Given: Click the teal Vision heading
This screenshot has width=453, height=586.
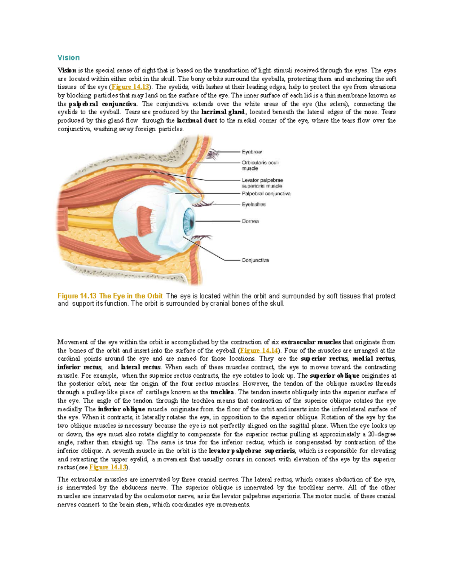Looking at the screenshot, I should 68,58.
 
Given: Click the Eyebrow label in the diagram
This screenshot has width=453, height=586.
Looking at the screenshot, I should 252,152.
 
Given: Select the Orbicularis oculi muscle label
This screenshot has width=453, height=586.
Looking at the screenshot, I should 260,165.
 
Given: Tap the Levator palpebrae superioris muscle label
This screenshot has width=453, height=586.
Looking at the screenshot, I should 262,183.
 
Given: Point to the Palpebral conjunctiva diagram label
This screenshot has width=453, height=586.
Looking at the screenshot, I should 266,194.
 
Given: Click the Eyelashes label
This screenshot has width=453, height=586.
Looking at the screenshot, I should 254,205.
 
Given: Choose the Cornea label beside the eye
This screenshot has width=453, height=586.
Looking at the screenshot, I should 250,221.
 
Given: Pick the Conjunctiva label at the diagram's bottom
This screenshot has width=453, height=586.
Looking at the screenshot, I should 255,260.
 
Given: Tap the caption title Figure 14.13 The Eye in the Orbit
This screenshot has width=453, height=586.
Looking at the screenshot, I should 110,296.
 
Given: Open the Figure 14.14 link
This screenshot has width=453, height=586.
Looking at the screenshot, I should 259,351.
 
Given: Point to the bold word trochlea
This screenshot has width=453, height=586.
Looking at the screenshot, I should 222,392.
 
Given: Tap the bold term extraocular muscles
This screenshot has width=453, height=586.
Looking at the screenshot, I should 311,342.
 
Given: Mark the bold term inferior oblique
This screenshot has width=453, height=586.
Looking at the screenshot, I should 121,409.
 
